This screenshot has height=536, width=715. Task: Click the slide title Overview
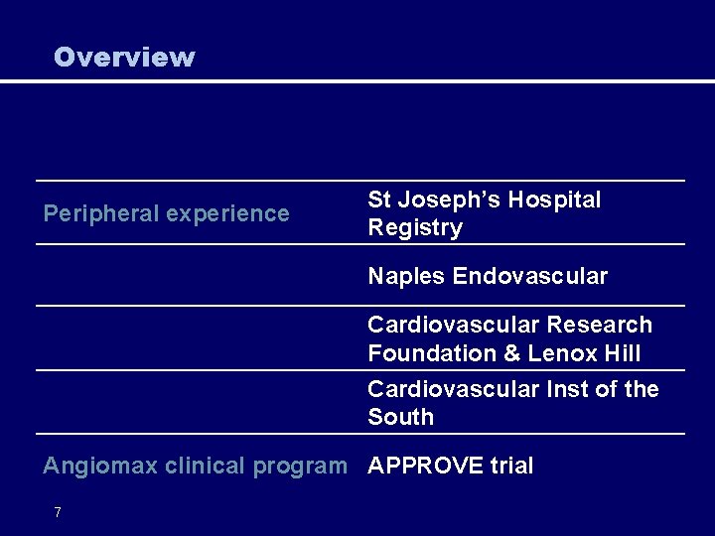pos(124,58)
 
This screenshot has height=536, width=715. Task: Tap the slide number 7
pos(58,512)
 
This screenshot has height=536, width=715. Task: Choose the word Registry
pos(415,228)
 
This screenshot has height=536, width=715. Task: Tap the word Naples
pos(406,276)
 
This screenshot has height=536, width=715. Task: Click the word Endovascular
pos(530,276)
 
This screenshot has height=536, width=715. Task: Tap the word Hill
pos(622,353)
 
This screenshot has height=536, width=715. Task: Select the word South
pos(400,417)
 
